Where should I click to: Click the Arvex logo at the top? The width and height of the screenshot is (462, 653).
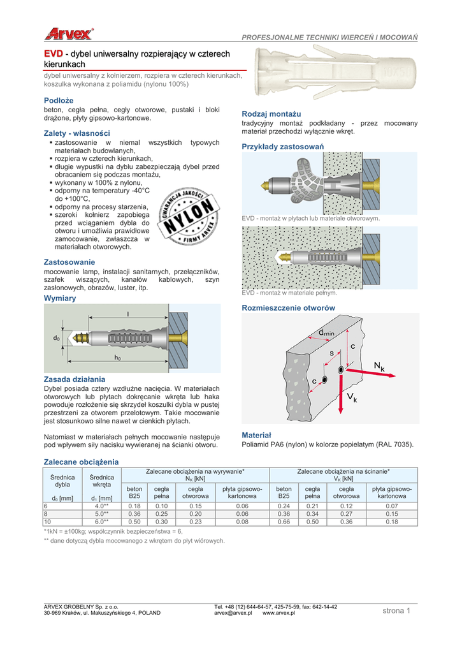[69, 34]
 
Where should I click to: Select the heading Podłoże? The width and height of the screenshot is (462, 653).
[59, 100]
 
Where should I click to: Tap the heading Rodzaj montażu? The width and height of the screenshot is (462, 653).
[267, 113]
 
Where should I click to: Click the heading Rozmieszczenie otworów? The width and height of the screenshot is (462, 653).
[289, 308]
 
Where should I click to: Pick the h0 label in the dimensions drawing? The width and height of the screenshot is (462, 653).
[117, 358]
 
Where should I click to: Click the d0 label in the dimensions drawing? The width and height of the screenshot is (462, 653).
[56, 337]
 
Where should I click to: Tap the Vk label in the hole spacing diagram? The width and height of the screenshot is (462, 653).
[352, 399]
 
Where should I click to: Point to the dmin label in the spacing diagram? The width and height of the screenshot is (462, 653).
[326, 332]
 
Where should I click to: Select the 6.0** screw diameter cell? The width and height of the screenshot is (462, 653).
[102, 522]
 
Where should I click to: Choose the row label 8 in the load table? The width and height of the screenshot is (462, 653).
[46, 513]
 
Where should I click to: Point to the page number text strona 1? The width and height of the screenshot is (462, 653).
[397, 611]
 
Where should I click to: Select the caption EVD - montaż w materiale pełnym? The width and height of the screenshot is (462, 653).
[289, 293]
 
